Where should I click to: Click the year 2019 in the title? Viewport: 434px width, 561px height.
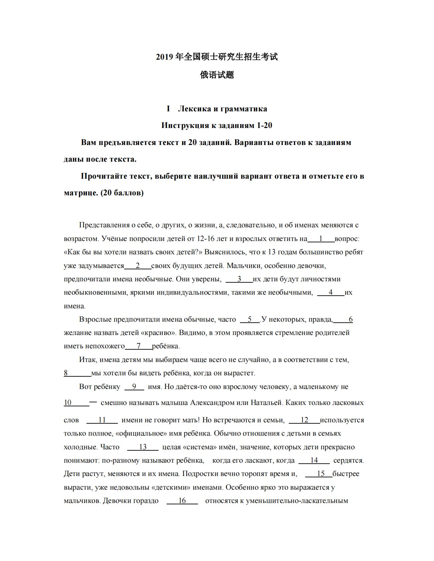(164, 57)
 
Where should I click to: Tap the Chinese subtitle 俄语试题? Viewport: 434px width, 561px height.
(217, 75)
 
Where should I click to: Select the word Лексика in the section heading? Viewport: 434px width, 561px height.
(195, 109)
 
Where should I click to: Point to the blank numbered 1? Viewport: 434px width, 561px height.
(321, 239)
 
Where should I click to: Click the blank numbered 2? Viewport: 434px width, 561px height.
(138, 266)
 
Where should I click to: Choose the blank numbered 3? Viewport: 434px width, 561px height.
(239, 279)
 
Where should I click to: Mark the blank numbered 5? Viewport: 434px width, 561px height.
(250, 319)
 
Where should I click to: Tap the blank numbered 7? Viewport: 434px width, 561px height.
(139, 346)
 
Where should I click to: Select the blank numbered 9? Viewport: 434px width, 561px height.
(134, 387)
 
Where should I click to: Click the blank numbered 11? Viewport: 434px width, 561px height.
(102, 420)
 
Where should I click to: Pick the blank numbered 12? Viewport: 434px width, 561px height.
(304, 420)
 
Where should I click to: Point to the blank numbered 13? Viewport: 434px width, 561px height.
(143, 447)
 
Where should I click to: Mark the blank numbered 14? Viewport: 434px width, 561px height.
(314, 460)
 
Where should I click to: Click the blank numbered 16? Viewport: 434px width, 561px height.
(182, 501)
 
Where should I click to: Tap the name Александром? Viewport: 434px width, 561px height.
(212, 403)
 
